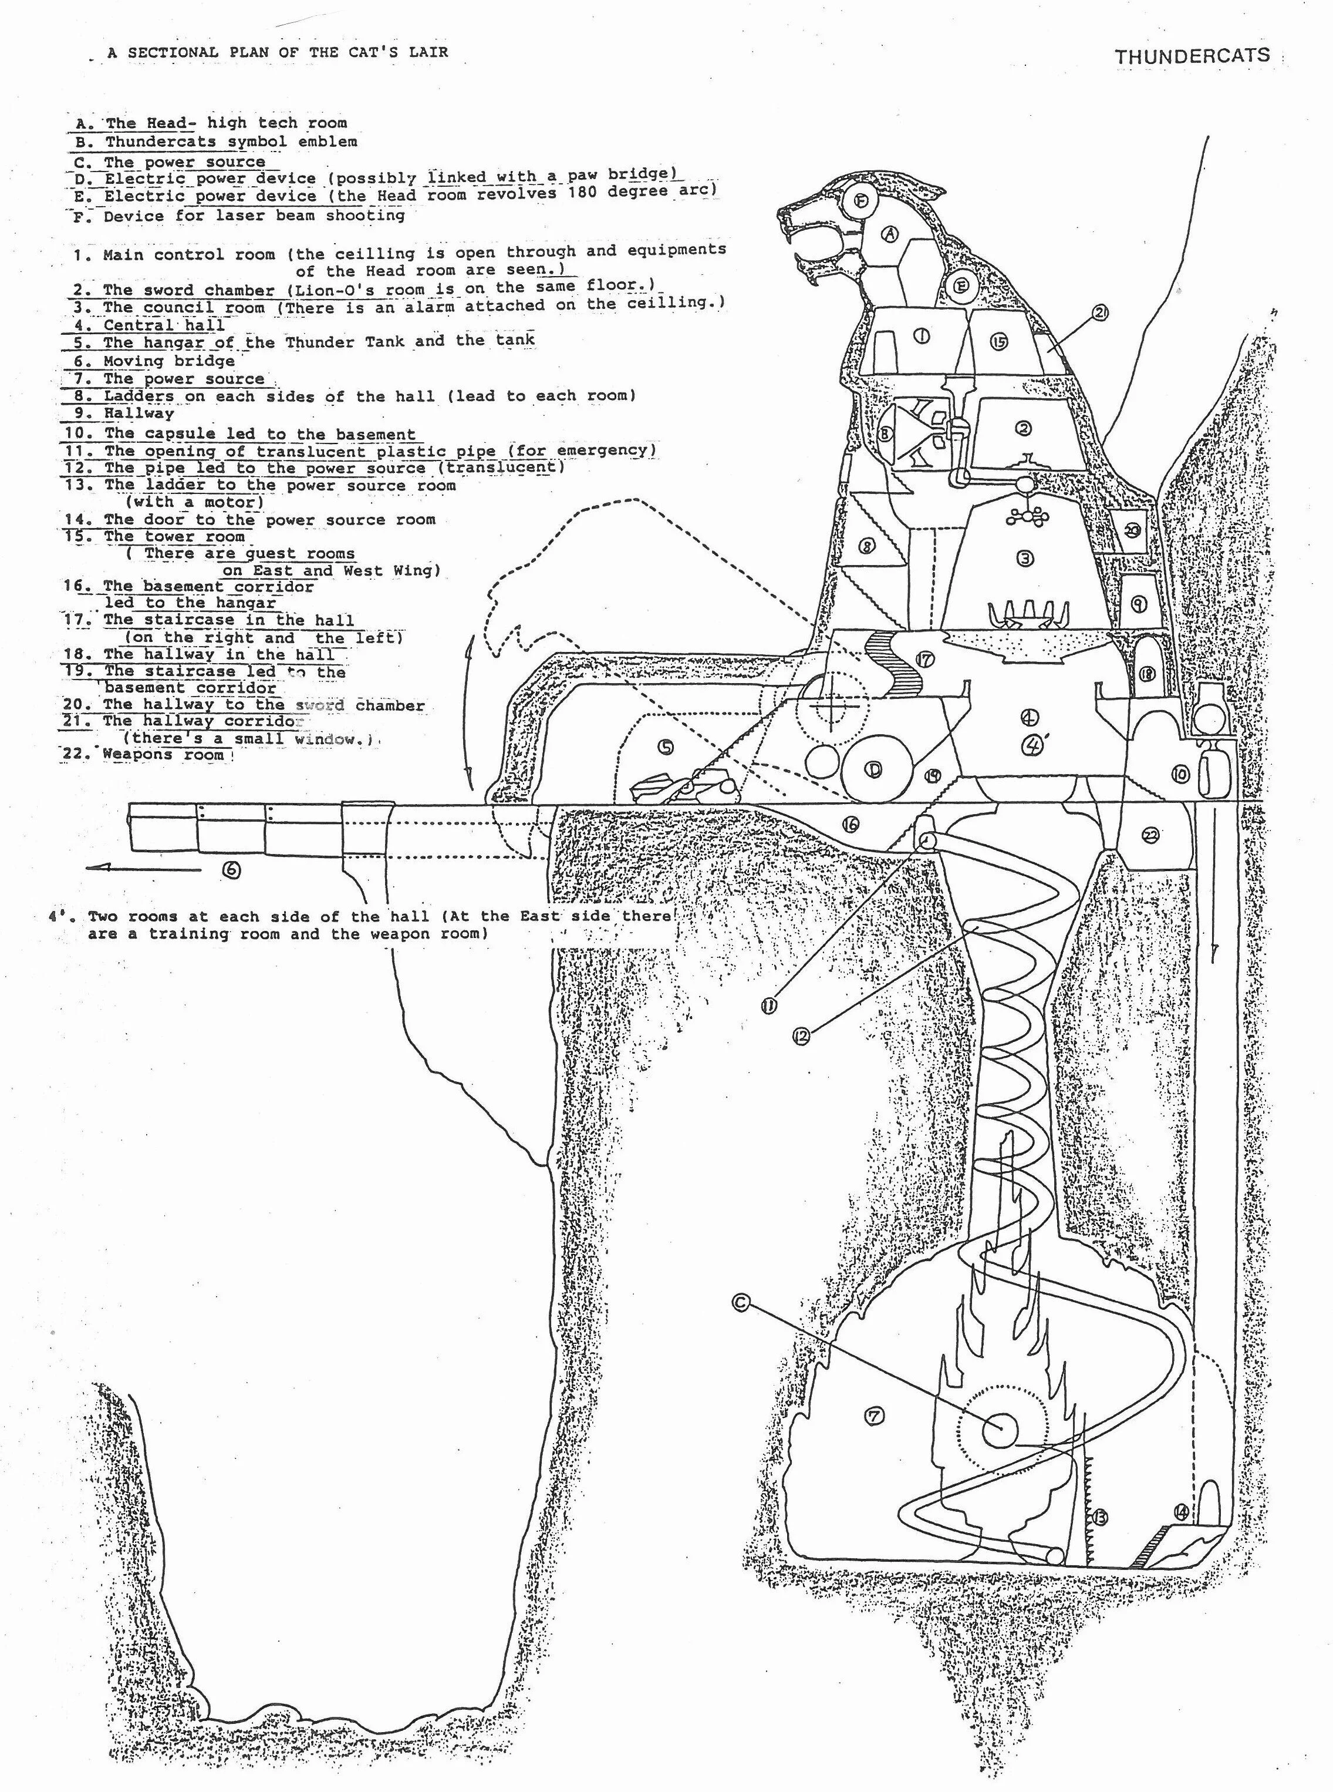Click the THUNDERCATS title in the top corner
click(1192, 56)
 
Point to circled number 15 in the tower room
click(999, 341)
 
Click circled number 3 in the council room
click(1025, 558)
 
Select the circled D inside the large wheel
click(873, 770)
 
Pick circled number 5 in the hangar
click(665, 748)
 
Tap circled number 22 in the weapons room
click(1150, 835)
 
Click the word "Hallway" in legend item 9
click(139, 413)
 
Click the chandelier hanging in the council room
click(1025, 513)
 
